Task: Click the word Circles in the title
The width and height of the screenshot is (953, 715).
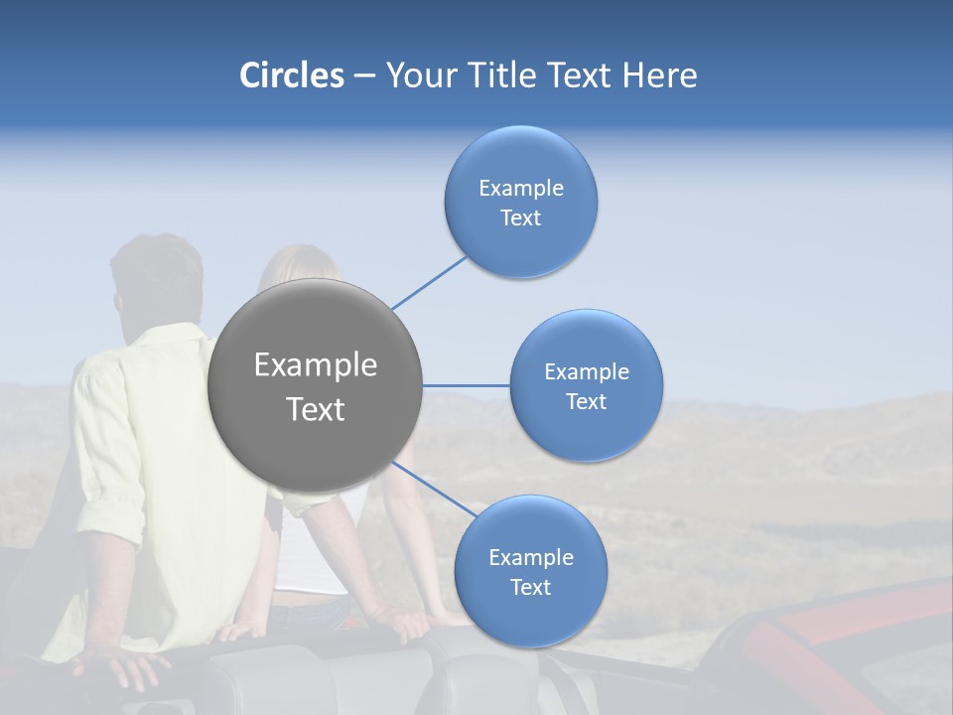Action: (x=292, y=75)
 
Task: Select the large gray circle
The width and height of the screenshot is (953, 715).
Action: (x=316, y=385)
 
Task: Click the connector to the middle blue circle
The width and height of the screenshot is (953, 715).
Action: (x=467, y=385)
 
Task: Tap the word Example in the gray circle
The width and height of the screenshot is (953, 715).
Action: (x=316, y=365)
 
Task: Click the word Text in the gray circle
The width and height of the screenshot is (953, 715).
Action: (x=316, y=409)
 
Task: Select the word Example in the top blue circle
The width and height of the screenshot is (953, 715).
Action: (x=521, y=189)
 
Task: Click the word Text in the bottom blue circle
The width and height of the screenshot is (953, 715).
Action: (x=530, y=588)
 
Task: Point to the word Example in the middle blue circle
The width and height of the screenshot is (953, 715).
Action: (x=587, y=372)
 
